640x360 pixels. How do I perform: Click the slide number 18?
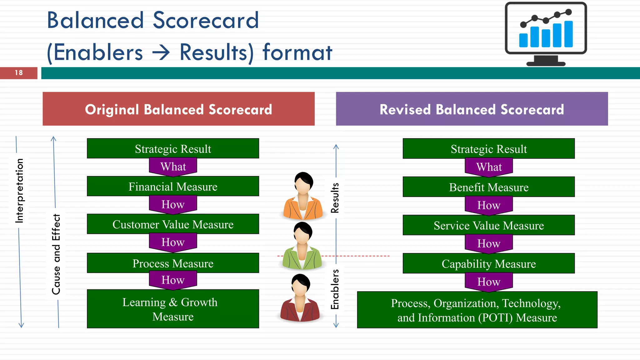(x=19, y=73)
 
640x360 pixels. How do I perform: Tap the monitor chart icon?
(x=546, y=34)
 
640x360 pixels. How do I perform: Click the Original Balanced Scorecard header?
(x=178, y=109)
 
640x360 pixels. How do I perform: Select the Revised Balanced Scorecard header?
(x=472, y=109)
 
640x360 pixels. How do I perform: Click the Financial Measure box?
(x=173, y=187)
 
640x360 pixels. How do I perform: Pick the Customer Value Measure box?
(x=173, y=224)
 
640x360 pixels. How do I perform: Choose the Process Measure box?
(x=173, y=263)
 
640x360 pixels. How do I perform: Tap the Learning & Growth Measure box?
(x=173, y=309)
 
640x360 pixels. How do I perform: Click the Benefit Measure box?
(x=488, y=187)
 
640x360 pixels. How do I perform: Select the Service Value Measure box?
(x=488, y=225)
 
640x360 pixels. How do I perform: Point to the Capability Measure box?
(x=488, y=264)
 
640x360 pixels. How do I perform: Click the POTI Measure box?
(x=477, y=310)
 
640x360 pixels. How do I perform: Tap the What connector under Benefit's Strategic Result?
(x=489, y=167)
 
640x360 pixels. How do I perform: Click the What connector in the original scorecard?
(x=173, y=166)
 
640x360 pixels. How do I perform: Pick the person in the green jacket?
(x=302, y=247)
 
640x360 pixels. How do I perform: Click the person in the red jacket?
(x=300, y=298)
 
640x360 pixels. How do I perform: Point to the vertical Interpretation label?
(x=19, y=191)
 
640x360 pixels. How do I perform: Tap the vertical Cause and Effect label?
(x=56, y=254)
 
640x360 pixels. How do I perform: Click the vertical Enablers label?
(x=335, y=289)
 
